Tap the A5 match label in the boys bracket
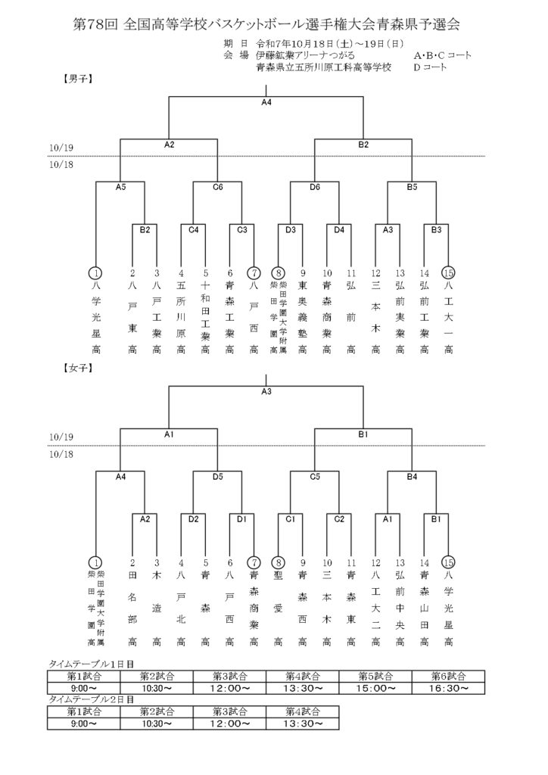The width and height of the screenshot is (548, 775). point(120,186)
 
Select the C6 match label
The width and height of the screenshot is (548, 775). point(217,186)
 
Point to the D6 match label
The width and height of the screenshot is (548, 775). point(315,186)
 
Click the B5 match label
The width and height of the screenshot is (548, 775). point(412,186)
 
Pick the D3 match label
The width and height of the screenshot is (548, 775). point(291,229)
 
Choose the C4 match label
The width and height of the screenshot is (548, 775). point(193,229)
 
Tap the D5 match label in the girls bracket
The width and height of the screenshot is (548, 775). point(217,476)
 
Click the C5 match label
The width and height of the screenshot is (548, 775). point(315,476)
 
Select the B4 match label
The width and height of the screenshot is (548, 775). point(412,476)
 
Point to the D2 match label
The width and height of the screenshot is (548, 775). point(193,519)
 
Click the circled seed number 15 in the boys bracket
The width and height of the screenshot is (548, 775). point(448,273)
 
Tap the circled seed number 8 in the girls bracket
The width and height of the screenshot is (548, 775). point(279,562)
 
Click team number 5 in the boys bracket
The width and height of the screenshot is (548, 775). point(205,273)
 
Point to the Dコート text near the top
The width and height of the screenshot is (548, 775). point(429,67)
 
